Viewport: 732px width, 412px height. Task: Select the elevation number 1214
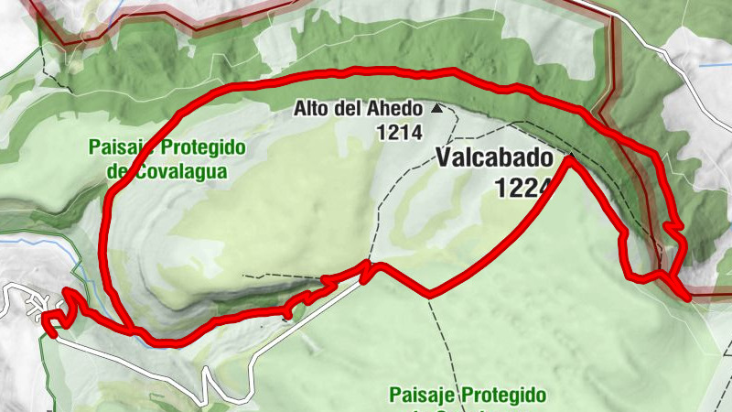point(398,133)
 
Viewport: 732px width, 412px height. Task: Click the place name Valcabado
point(494,157)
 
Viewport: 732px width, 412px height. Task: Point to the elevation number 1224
point(522,188)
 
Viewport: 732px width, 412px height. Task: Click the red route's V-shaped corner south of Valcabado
point(431,295)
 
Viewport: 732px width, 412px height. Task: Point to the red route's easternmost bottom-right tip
point(686,296)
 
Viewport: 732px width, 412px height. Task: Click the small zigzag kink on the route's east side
point(673,225)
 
